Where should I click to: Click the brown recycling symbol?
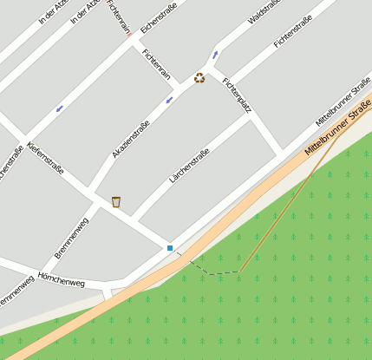click(x=199, y=78)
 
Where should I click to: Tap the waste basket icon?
click(x=115, y=202)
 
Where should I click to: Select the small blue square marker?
click(x=170, y=248)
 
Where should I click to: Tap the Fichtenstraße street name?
click(x=292, y=31)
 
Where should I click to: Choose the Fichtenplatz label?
click(x=236, y=93)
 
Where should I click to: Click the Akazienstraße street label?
click(x=131, y=139)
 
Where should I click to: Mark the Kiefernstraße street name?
click(x=45, y=158)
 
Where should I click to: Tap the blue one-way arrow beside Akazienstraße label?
click(x=169, y=100)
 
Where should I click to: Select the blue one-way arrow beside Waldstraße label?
click(x=215, y=55)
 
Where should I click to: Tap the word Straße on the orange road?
click(x=360, y=113)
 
